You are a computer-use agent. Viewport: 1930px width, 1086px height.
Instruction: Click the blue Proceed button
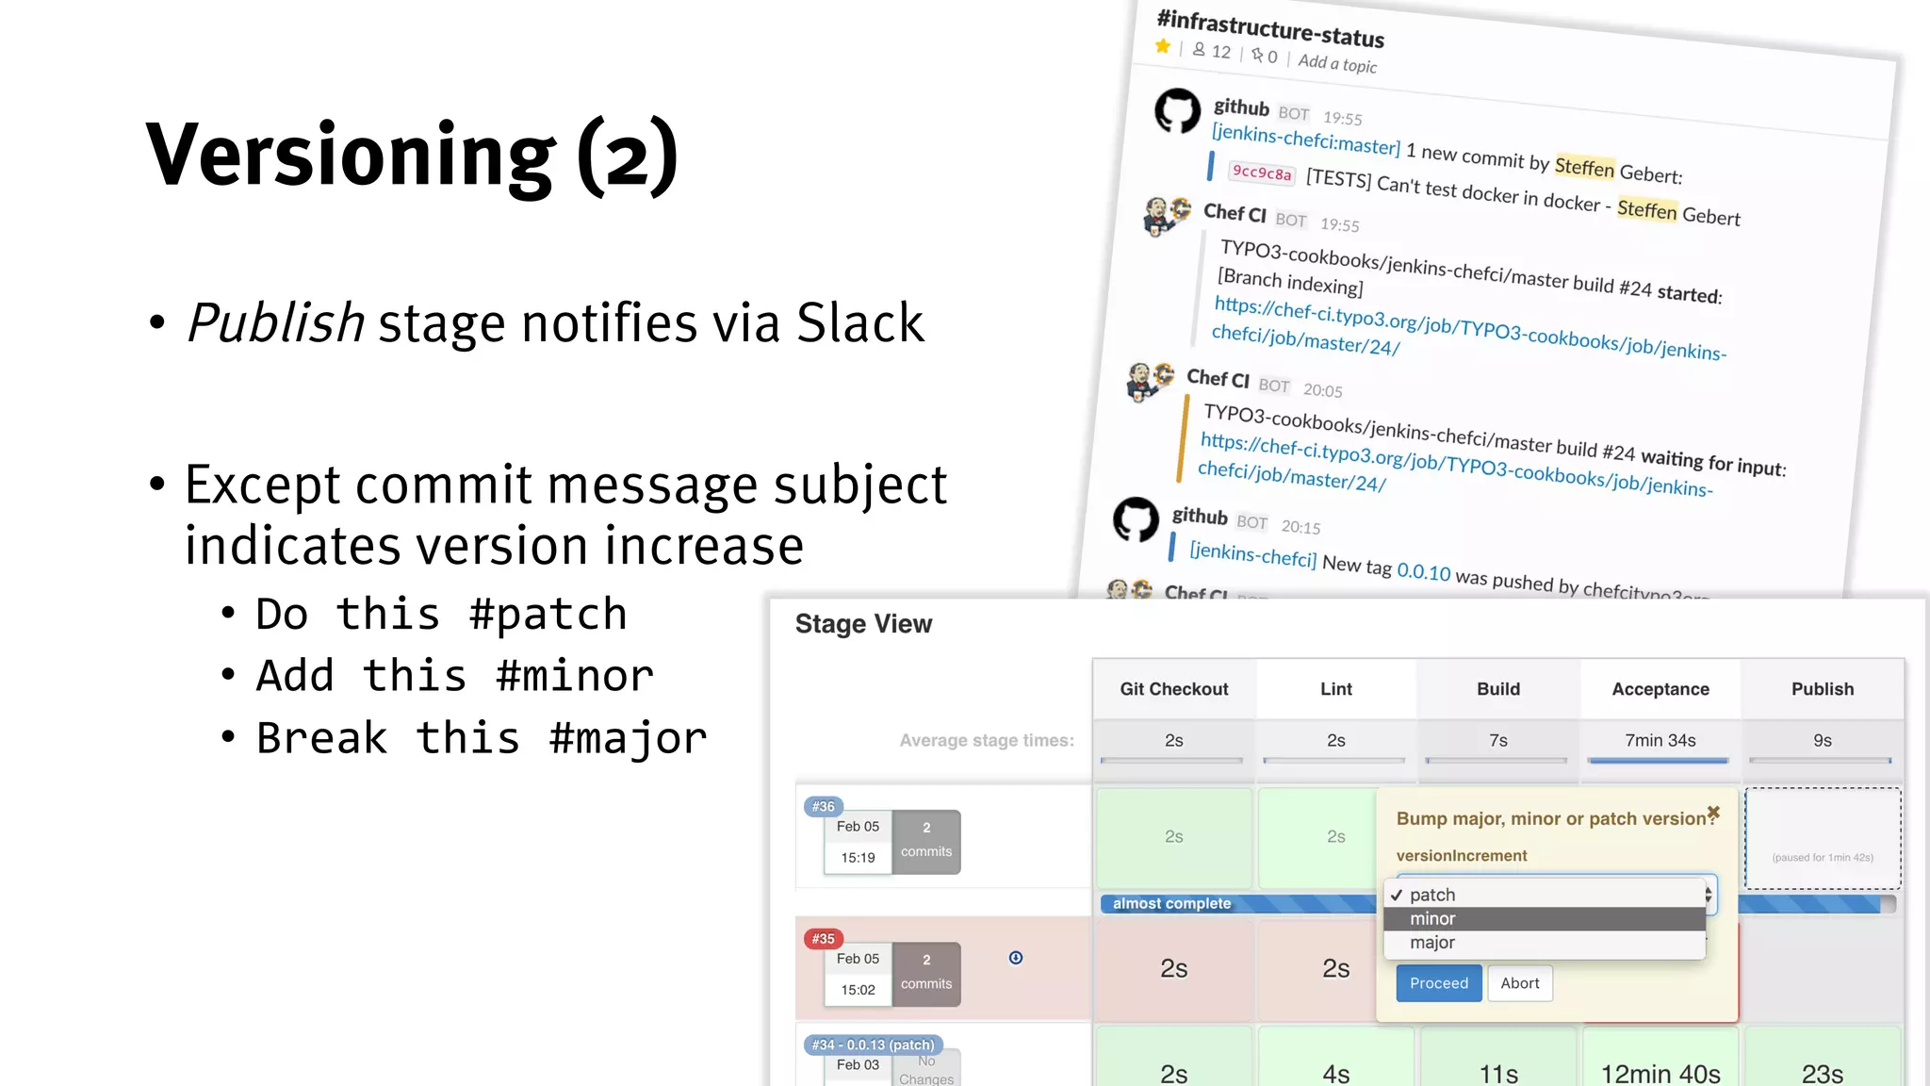pyautogui.click(x=1438, y=983)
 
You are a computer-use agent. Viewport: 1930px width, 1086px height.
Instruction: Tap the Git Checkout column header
pyautogui.click(x=1173, y=689)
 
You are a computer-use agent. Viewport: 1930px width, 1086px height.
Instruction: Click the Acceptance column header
pyautogui.click(x=1660, y=689)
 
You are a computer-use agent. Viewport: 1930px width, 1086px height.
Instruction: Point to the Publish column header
pyautogui.click(x=1822, y=689)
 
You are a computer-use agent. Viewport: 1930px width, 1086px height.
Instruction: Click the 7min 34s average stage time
pyautogui.click(x=1660, y=741)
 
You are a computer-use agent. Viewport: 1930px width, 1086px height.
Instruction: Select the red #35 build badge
pyautogui.click(x=823, y=939)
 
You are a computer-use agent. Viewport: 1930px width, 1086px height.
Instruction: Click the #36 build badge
pyautogui.click(x=823, y=807)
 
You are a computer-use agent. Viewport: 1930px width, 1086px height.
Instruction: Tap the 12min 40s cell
pyautogui.click(x=1660, y=1074)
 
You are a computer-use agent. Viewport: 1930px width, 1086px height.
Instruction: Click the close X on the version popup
pyautogui.click(x=1713, y=813)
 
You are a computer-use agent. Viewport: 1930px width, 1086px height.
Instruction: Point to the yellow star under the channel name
pyautogui.click(x=1163, y=46)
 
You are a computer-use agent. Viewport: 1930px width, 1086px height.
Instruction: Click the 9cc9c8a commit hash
pyautogui.click(x=1262, y=173)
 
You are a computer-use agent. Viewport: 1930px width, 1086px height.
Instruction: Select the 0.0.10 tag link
pyautogui.click(x=1423, y=571)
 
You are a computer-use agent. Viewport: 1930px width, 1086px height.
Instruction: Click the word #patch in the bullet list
pyautogui.click(x=548, y=615)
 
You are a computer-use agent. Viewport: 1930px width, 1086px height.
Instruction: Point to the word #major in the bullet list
pyautogui.click(x=628, y=738)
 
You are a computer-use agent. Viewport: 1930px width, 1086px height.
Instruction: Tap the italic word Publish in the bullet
pyautogui.click(x=276, y=323)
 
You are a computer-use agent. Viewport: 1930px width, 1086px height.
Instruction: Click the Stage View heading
pyautogui.click(x=863, y=624)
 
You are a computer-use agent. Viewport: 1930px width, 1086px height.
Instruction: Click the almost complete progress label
pyautogui.click(x=1171, y=904)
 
